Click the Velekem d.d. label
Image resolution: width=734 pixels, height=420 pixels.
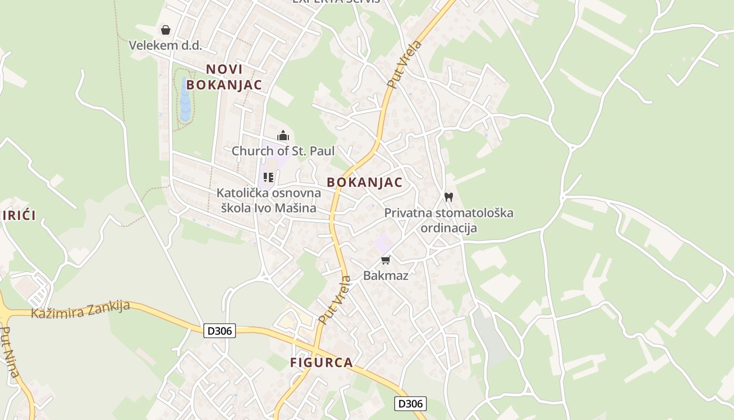coord(165,45)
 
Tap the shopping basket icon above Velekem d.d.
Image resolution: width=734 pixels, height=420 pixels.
coord(166,30)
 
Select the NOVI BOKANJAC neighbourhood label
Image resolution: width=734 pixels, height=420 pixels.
coord(224,77)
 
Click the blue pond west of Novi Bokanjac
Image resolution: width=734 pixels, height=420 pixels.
coord(185,100)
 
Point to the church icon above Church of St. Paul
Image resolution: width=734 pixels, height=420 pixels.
coord(283,136)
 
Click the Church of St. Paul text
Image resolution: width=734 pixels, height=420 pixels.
coord(283,151)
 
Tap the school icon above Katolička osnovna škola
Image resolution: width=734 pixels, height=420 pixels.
coord(268,177)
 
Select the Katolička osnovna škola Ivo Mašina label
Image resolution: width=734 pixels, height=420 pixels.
coord(268,201)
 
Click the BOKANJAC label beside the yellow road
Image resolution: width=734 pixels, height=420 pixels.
coord(364,182)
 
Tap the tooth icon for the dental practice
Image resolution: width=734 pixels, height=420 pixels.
coord(448,197)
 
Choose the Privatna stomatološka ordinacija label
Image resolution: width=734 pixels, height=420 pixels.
coord(449,220)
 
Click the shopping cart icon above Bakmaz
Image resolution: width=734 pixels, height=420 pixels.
coord(386,260)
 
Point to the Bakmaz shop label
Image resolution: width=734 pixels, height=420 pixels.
coord(386,276)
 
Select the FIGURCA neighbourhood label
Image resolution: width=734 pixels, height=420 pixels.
coord(321,362)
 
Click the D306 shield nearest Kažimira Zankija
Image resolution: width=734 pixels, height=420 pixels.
coord(220,331)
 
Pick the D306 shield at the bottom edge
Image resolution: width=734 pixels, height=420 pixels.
coord(410,403)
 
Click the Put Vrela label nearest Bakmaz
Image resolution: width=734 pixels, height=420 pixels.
coord(334,300)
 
